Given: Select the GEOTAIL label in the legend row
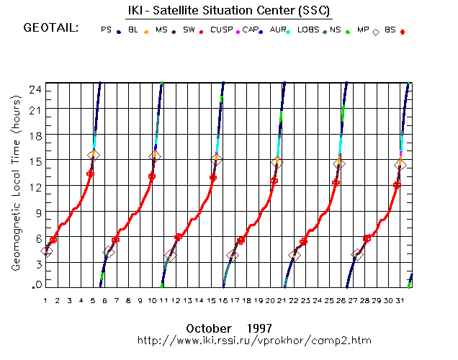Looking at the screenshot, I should pyautogui.click(x=50, y=29).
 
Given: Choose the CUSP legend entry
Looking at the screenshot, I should pyautogui.click(x=225, y=30).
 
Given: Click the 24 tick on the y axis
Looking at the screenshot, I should pyautogui.click(x=34, y=88).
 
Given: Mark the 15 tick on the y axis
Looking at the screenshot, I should pyautogui.click(x=34, y=160).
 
